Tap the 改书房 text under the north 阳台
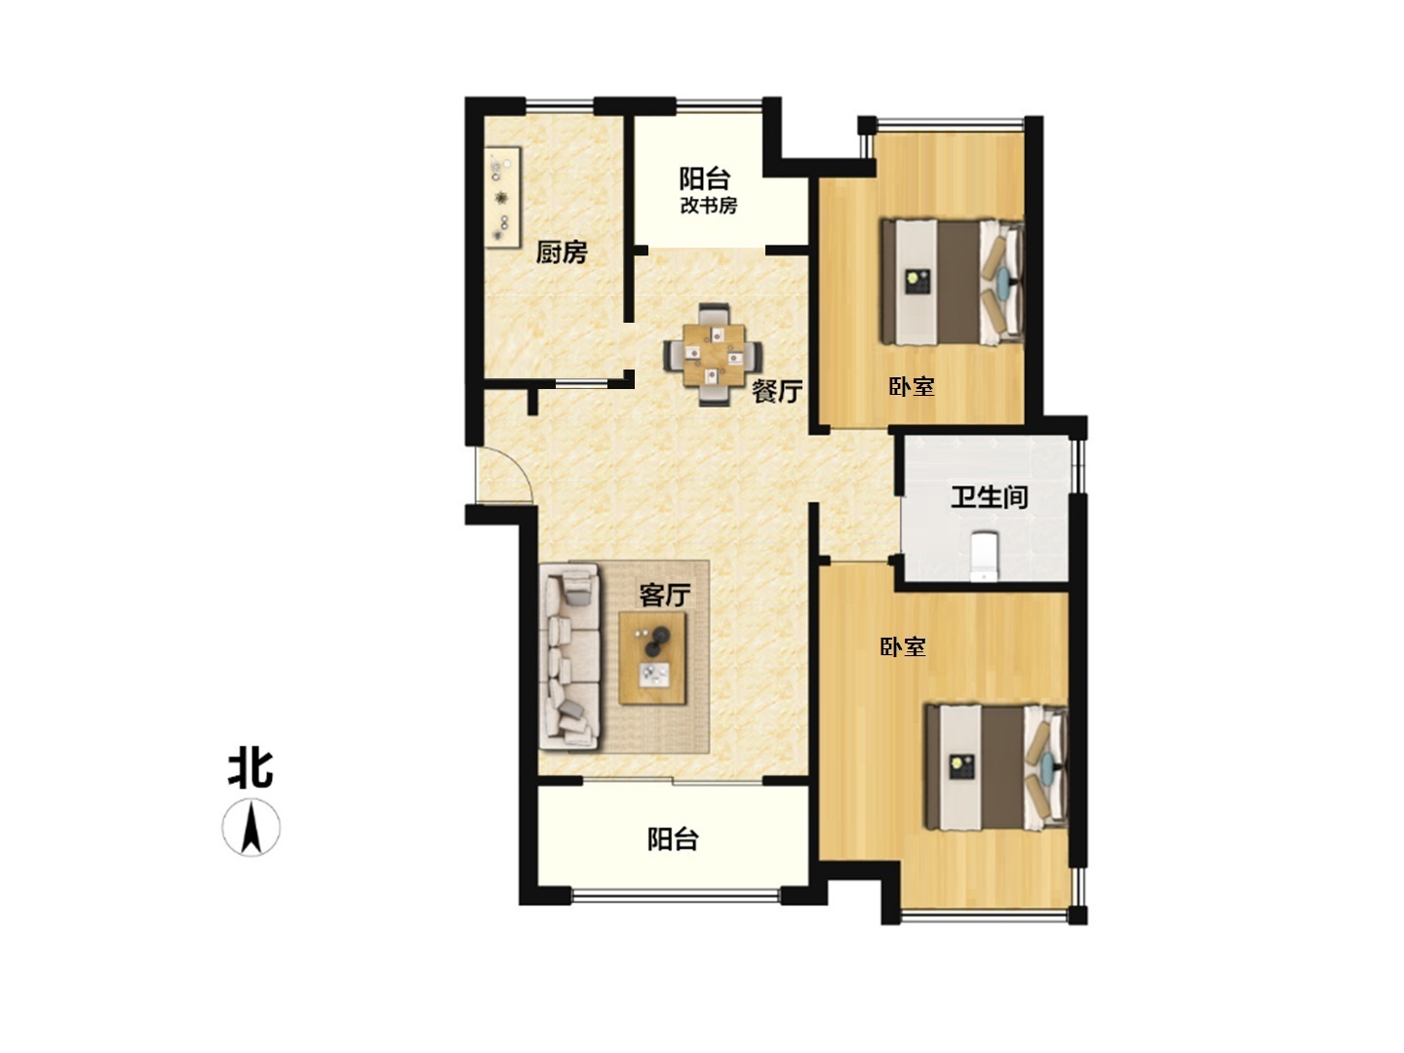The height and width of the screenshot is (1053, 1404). click(x=708, y=205)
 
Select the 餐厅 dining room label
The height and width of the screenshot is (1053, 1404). click(x=776, y=391)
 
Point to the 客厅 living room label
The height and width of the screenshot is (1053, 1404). click(x=665, y=595)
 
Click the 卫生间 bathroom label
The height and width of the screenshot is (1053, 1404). click(x=989, y=497)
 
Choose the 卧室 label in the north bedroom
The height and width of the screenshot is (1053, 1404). click(x=912, y=386)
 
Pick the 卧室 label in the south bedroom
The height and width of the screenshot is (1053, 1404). click(x=903, y=647)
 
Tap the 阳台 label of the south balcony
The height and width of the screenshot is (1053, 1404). click(x=672, y=838)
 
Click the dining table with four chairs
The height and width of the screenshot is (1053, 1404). click(x=713, y=355)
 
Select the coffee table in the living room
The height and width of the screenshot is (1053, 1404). click(x=652, y=658)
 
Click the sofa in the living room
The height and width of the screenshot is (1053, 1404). click(x=570, y=656)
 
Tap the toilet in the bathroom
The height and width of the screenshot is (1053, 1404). click(x=983, y=557)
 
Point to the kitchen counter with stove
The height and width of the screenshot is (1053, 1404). click(x=502, y=198)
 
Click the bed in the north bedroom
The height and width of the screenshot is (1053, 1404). click(x=952, y=283)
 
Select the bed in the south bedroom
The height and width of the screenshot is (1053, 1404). click(x=995, y=768)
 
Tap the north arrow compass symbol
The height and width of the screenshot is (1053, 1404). click(x=251, y=828)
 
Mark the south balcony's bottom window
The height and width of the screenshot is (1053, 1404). click(x=676, y=896)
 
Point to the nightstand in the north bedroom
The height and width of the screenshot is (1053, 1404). click(x=916, y=282)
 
